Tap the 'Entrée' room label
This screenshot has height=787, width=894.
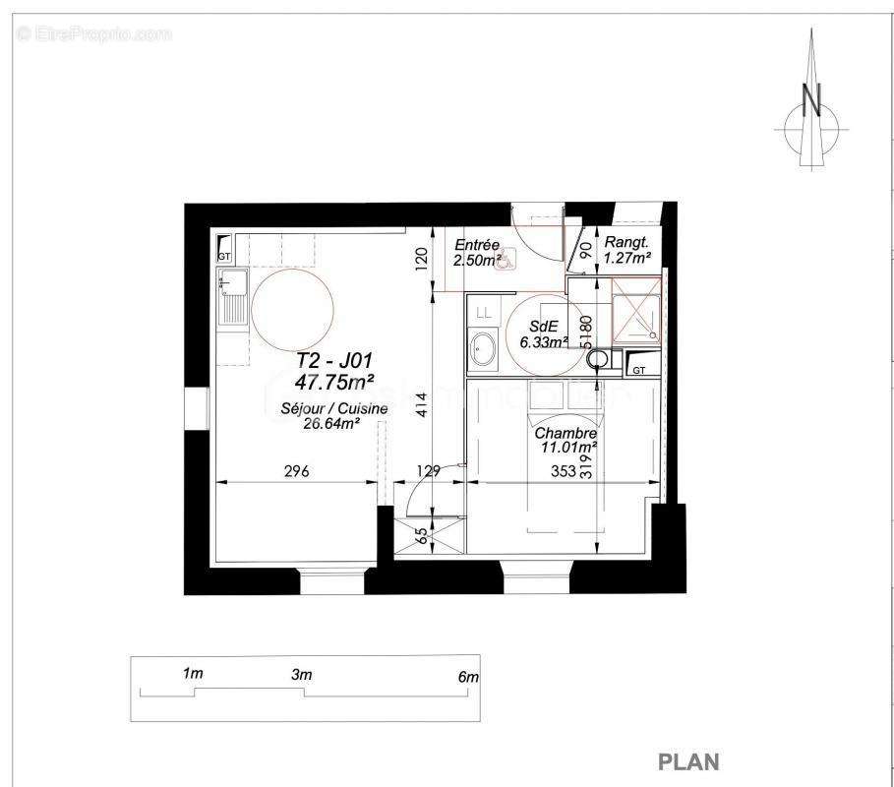tap(477, 245)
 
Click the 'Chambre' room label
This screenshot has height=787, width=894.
tap(566, 433)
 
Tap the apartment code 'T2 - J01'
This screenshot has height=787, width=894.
tap(334, 361)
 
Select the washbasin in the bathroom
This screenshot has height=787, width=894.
tap(483, 349)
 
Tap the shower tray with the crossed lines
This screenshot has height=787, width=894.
tap(636, 308)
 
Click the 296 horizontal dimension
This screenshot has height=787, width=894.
tap(296, 472)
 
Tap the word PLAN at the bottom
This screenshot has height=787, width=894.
tap(687, 761)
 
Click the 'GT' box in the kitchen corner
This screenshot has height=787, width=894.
tap(223, 251)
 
